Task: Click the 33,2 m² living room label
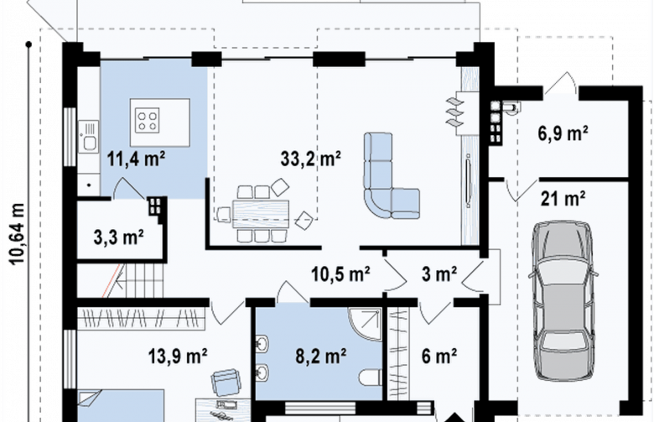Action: click(x=311, y=159)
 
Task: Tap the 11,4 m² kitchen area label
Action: click(x=136, y=159)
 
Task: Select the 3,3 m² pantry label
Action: click(x=119, y=237)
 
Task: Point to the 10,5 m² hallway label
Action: click(x=340, y=274)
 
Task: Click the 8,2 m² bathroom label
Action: click(x=321, y=356)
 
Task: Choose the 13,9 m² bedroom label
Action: click(x=178, y=356)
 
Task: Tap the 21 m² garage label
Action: click(x=563, y=199)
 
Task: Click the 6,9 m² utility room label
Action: click(x=563, y=133)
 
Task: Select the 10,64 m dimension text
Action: click(x=18, y=234)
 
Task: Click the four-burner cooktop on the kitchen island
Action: click(x=148, y=120)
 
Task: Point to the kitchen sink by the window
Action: click(x=89, y=137)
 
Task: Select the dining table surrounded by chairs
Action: click(x=261, y=214)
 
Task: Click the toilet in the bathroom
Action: click(x=370, y=377)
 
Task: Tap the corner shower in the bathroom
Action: click(x=365, y=325)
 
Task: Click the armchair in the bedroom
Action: click(x=226, y=382)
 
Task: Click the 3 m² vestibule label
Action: click(x=439, y=274)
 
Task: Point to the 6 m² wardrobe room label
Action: click(x=439, y=356)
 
